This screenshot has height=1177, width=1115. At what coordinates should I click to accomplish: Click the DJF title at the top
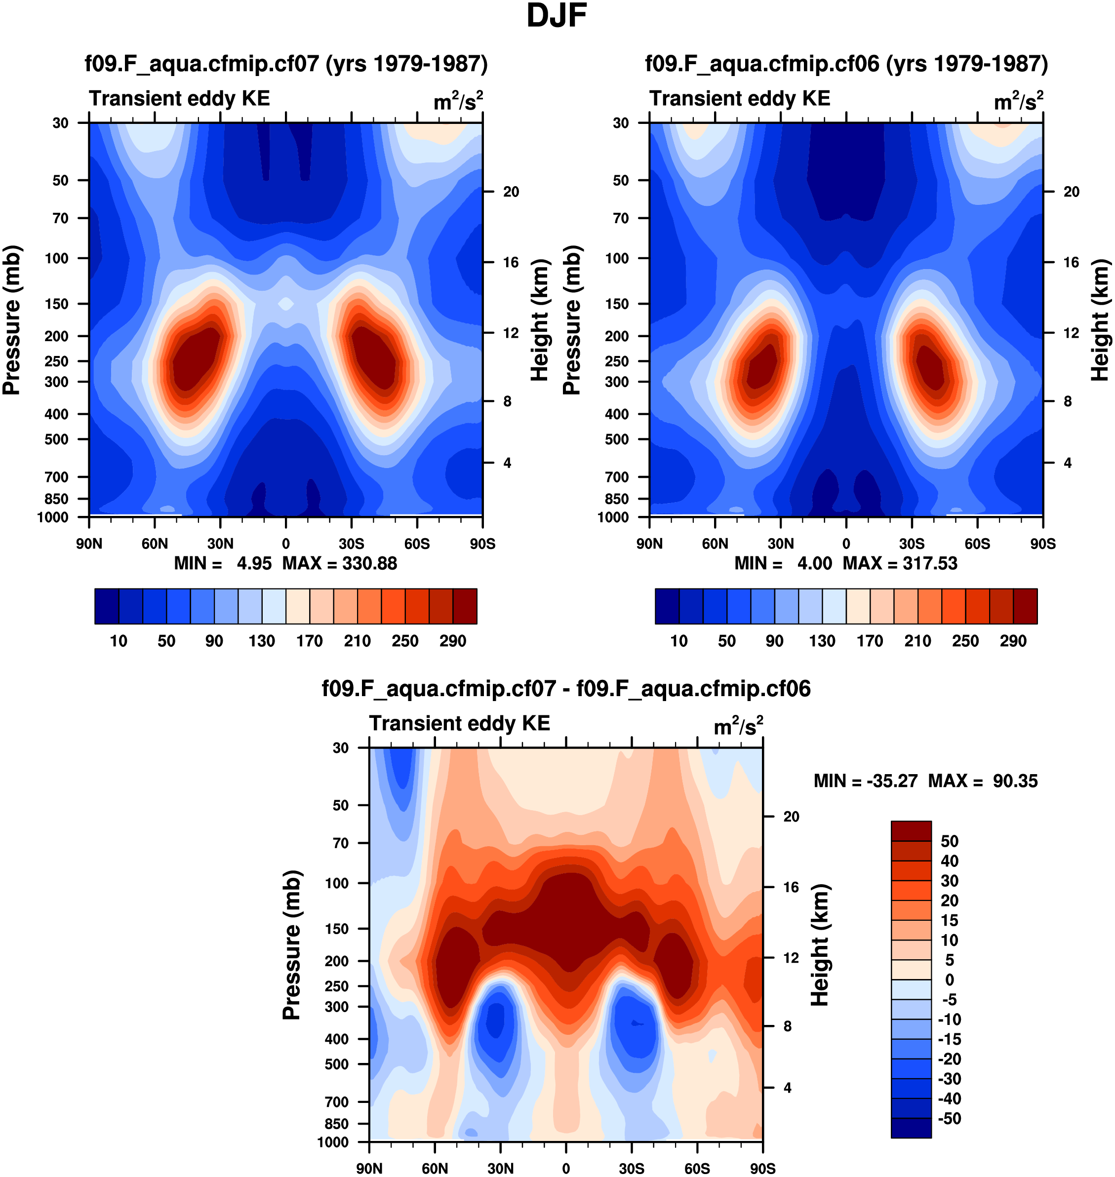click(557, 16)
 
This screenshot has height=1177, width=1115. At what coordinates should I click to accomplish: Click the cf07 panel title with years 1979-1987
click(286, 63)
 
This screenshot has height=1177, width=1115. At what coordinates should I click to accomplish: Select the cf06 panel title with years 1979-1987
click(846, 63)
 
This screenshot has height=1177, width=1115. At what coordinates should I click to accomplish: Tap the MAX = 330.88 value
click(339, 563)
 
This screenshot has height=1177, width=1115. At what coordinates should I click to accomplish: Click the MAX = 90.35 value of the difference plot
click(983, 781)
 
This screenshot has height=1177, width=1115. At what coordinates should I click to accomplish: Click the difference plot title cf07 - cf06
click(566, 689)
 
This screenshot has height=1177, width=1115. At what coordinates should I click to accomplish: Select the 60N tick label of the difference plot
click(435, 1168)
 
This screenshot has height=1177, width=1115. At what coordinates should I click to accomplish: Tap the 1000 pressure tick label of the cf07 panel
click(52, 517)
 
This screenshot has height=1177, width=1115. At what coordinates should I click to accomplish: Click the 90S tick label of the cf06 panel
click(1042, 544)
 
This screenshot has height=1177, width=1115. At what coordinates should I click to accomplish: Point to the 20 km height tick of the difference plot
click(791, 817)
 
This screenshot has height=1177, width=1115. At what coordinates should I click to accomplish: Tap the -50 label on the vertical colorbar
click(949, 1118)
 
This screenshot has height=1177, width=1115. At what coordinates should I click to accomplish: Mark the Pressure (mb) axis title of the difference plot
click(292, 944)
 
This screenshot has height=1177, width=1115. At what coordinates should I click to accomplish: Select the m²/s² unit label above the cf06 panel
click(1018, 101)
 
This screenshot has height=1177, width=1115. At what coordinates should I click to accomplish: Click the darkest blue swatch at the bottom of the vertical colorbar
click(911, 1127)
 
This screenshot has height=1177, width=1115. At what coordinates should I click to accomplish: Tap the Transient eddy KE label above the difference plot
click(459, 723)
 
